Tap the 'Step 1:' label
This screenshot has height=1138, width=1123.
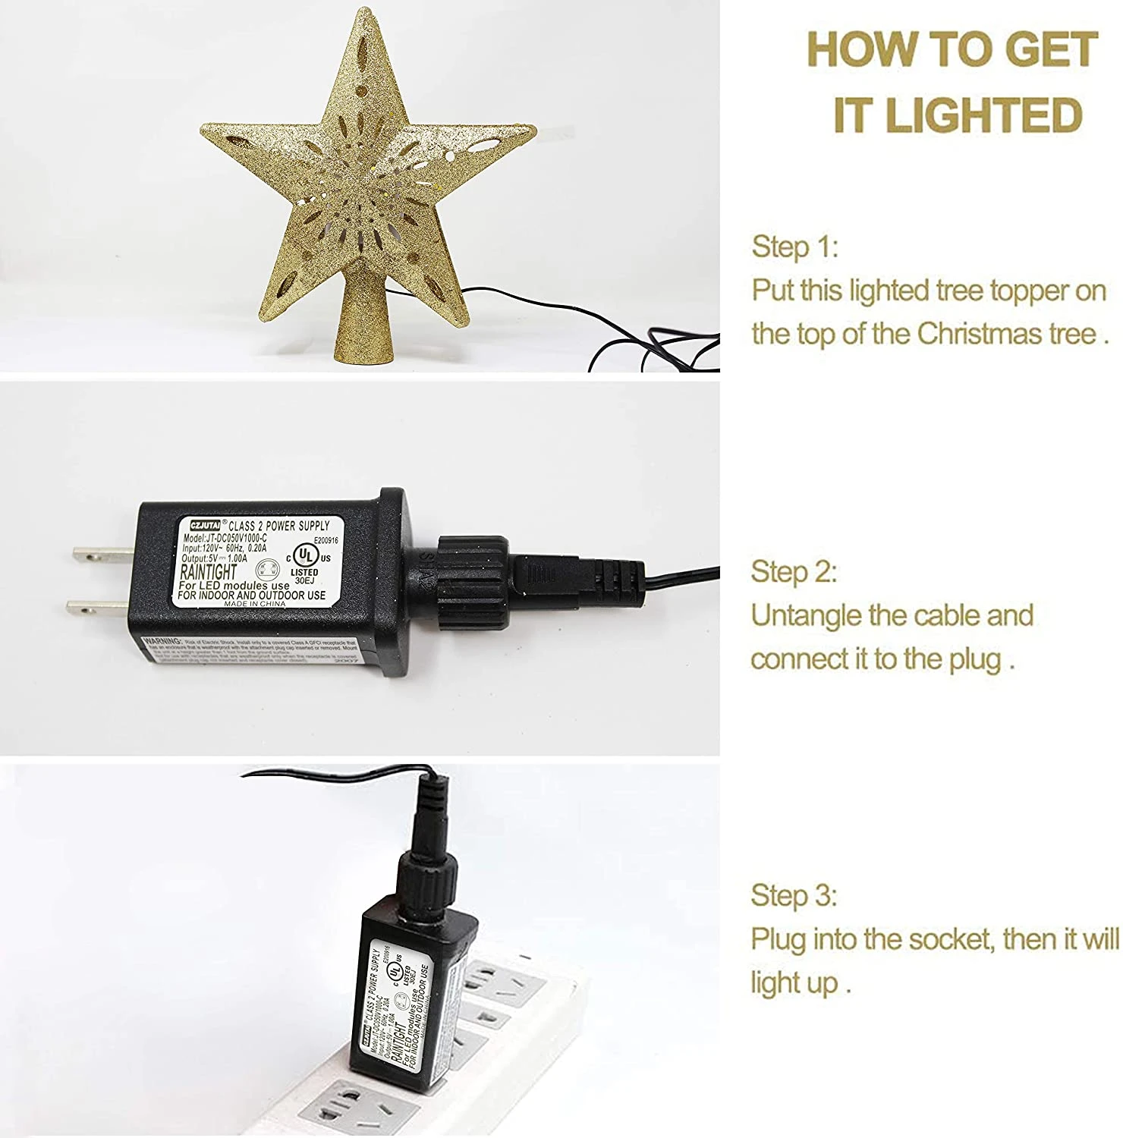click(x=794, y=247)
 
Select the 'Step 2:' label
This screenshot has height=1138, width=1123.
click(x=794, y=572)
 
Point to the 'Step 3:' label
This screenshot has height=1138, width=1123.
click(x=794, y=896)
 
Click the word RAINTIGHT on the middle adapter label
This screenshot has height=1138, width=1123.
click(x=208, y=572)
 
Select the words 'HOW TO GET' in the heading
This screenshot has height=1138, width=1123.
click(x=952, y=50)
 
